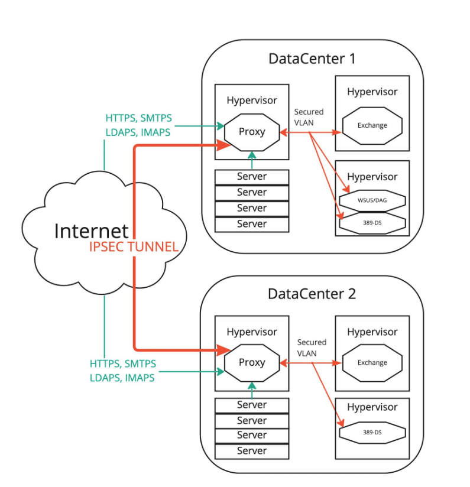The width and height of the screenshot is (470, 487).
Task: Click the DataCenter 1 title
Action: click(x=312, y=59)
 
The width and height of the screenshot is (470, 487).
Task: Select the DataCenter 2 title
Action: click(x=312, y=293)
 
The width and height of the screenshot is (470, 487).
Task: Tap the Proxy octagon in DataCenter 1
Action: click(x=252, y=131)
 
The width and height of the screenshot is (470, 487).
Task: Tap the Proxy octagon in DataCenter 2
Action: click(x=252, y=362)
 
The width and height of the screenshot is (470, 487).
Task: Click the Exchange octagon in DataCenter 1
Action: click(x=372, y=125)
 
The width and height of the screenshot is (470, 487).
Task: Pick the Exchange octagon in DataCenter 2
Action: click(x=372, y=362)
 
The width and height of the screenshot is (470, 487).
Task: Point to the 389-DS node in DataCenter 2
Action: click(x=372, y=433)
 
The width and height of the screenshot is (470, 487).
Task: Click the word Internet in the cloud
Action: click(x=91, y=230)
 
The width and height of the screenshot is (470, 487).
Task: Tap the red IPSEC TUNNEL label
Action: click(x=134, y=247)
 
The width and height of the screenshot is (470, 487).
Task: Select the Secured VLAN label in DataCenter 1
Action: click(x=309, y=117)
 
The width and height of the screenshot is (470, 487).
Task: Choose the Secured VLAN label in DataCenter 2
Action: click(x=311, y=348)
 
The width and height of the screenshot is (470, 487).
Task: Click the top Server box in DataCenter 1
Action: click(x=252, y=177)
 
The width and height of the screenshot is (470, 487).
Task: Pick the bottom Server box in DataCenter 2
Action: click(x=252, y=451)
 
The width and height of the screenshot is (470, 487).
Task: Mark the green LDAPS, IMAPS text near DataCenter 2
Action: click(x=122, y=378)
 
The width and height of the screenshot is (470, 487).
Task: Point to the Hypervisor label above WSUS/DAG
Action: click(x=372, y=177)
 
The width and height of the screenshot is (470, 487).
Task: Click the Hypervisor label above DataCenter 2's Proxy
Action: click(x=252, y=332)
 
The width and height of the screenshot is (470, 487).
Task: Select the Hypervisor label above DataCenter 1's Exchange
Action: click(x=372, y=92)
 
